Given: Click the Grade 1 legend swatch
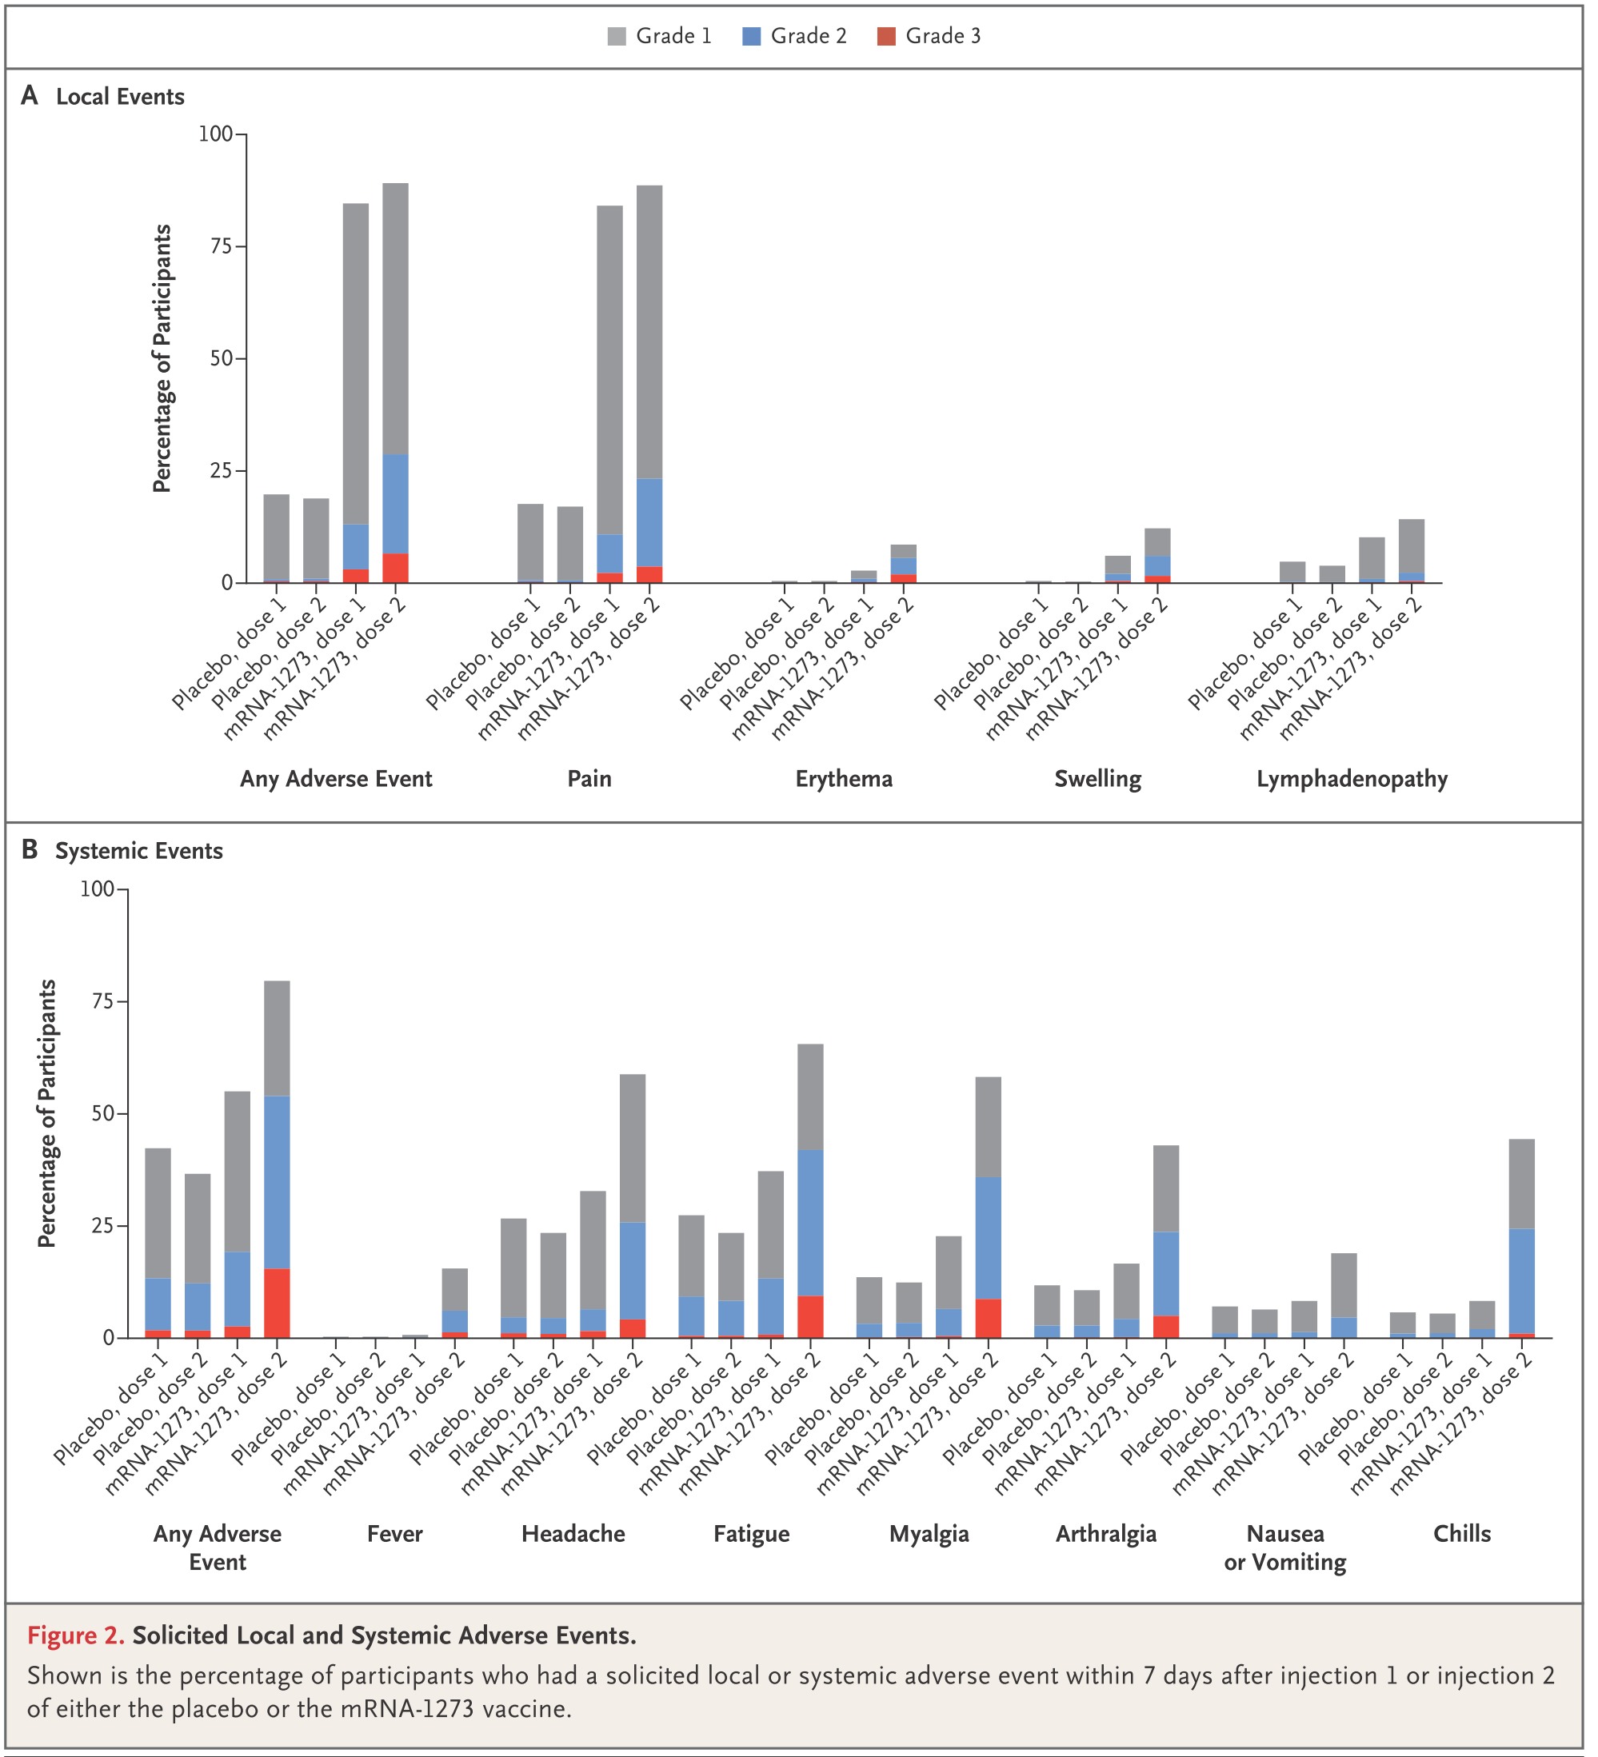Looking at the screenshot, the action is coord(617,37).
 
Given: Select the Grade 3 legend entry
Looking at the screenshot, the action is coord(929,37).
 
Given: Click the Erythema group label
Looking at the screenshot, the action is coord(844,778).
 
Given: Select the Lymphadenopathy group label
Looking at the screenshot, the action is coord(1352,779).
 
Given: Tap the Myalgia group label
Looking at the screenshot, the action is coord(929,1534).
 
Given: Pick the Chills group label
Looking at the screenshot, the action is coord(1462,1533).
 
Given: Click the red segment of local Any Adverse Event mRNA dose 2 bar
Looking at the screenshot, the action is coord(396,569).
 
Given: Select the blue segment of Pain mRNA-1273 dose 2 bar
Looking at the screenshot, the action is coord(649,523).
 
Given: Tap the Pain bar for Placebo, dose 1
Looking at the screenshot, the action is coord(531,543).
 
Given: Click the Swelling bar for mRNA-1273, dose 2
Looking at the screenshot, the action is coord(1158,555).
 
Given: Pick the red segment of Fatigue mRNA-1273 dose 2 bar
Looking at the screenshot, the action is coord(811,1317).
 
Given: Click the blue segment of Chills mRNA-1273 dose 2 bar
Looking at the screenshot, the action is coord(1522,1281).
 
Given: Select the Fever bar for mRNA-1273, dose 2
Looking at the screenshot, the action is coord(455,1303).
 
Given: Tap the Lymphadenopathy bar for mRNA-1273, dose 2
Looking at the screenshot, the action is coord(1412,551).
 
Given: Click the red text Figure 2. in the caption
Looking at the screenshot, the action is coord(76,1635).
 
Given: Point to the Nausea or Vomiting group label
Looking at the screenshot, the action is coord(1285,1547).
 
